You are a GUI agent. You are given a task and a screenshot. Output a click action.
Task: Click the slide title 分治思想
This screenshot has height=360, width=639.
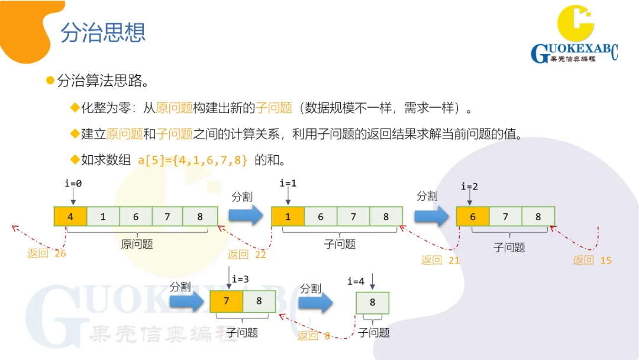[103, 33]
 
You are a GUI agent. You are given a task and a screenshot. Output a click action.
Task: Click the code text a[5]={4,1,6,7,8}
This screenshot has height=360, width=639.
[192, 160]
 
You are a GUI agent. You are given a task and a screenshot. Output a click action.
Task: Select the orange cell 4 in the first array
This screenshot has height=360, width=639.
[70, 217]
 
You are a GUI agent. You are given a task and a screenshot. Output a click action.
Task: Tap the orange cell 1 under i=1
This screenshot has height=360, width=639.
[288, 217]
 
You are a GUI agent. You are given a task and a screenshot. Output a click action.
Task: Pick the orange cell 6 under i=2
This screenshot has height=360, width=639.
[473, 217]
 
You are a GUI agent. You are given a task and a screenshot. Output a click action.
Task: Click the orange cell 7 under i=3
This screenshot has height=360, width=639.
[226, 301]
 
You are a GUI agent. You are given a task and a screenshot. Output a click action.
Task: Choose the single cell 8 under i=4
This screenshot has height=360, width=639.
[372, 303]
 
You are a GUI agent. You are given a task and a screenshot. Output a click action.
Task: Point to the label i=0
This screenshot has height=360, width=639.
[73, 184]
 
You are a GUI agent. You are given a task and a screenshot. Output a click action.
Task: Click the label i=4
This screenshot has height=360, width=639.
[356, 281]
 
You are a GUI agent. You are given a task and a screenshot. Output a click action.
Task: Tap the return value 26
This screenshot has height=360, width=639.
[60, 253]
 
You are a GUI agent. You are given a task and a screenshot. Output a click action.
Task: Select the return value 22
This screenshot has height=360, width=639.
[260, 255]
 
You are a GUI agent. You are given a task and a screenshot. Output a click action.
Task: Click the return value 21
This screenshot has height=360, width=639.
[454, 260]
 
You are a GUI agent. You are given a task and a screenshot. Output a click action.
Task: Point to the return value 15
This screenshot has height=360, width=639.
[605, 260]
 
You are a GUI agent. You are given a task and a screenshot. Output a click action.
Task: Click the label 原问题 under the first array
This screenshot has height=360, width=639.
[137, 244]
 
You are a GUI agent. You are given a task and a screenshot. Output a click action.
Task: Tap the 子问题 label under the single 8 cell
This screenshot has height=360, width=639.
[374, 333]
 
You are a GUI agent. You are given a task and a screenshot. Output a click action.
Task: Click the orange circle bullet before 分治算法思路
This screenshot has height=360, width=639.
[50, 80]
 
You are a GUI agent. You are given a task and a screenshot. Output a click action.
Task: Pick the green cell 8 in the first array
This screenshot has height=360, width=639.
[200, 217]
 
